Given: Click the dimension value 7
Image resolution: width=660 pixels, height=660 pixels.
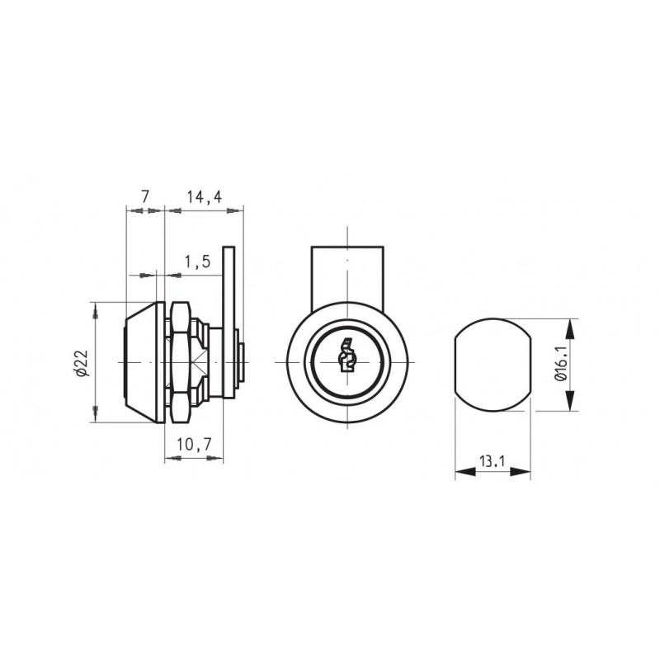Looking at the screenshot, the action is pos(145,196).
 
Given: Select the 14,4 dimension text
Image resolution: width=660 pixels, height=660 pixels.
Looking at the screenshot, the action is pos(205,196).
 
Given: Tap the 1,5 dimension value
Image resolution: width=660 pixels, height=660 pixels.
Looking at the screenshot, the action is pos(197,262).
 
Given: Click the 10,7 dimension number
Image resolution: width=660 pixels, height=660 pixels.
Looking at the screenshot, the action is pos(194,445).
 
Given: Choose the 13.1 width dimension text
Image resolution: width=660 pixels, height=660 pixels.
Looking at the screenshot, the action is pos(492,462).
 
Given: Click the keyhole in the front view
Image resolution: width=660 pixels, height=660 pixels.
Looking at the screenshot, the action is pos(346,356).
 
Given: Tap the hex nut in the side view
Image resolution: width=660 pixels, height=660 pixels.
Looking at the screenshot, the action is pos(181,362).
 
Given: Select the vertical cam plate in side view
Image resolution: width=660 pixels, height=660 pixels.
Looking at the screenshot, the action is pos(229,322).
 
